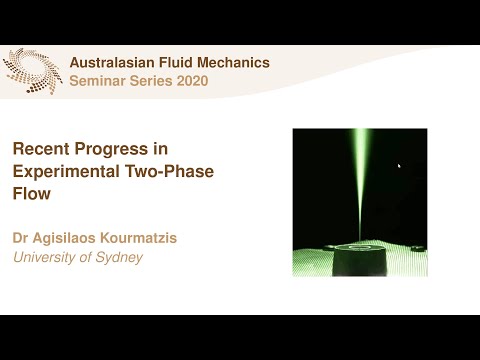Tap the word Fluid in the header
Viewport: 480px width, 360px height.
coord(177,63)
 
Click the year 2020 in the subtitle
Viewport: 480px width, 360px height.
coord(191,81)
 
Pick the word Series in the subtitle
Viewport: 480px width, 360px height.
coord(149,81)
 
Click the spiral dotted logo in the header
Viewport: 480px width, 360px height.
coord(32,71)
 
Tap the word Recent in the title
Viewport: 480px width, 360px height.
coord(41,149)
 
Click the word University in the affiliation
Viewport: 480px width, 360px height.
coord(47,258)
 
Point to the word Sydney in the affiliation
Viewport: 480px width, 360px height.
coord(119,258)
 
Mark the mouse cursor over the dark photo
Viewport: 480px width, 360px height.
coord(399,166)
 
